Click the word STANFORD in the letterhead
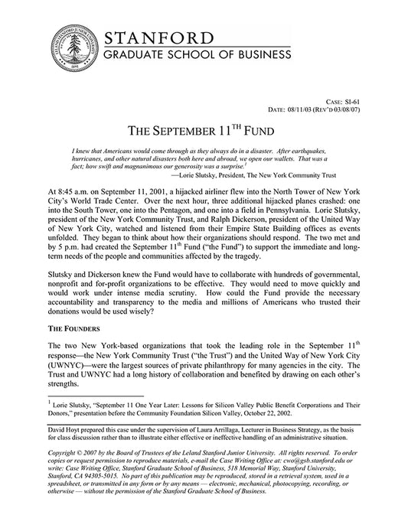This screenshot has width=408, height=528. [164, 37]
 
